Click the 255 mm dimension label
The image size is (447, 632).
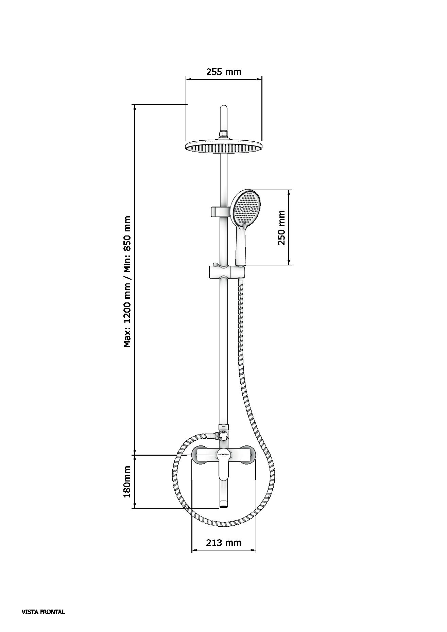tap(223, 72)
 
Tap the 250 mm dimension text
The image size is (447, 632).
tap(281, 228)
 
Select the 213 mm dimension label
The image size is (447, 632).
tap(223, 543)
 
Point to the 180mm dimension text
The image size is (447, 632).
tap(127, 481)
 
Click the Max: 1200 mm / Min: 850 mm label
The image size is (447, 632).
tap(127, 281)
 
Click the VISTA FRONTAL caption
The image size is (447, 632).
tap(43, 612)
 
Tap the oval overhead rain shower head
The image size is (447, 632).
tap(224, 146)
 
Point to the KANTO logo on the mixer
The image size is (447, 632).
tap(223, 453)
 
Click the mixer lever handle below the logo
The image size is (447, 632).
tap(224, 468)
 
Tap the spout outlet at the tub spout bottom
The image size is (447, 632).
tap(223, 507)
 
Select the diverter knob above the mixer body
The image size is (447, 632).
tap(223, 435)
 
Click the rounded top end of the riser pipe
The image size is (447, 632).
tap(224, 109)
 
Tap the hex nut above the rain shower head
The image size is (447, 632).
tap(224, 134)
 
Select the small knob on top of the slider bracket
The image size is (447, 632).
tap(215, 264)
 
